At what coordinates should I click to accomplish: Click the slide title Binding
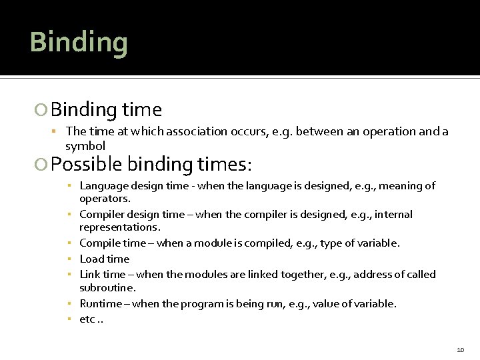(79, 43)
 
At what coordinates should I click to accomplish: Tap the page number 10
(461, 349)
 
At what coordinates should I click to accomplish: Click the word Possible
(87, 163)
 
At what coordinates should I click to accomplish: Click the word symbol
(85, 145)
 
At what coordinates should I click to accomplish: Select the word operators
(105, 199)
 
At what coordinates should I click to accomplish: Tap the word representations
(117, 227)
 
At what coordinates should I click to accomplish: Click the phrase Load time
(104, 259)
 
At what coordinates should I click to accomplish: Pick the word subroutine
(107, 288)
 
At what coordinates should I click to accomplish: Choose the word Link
(90, 274)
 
